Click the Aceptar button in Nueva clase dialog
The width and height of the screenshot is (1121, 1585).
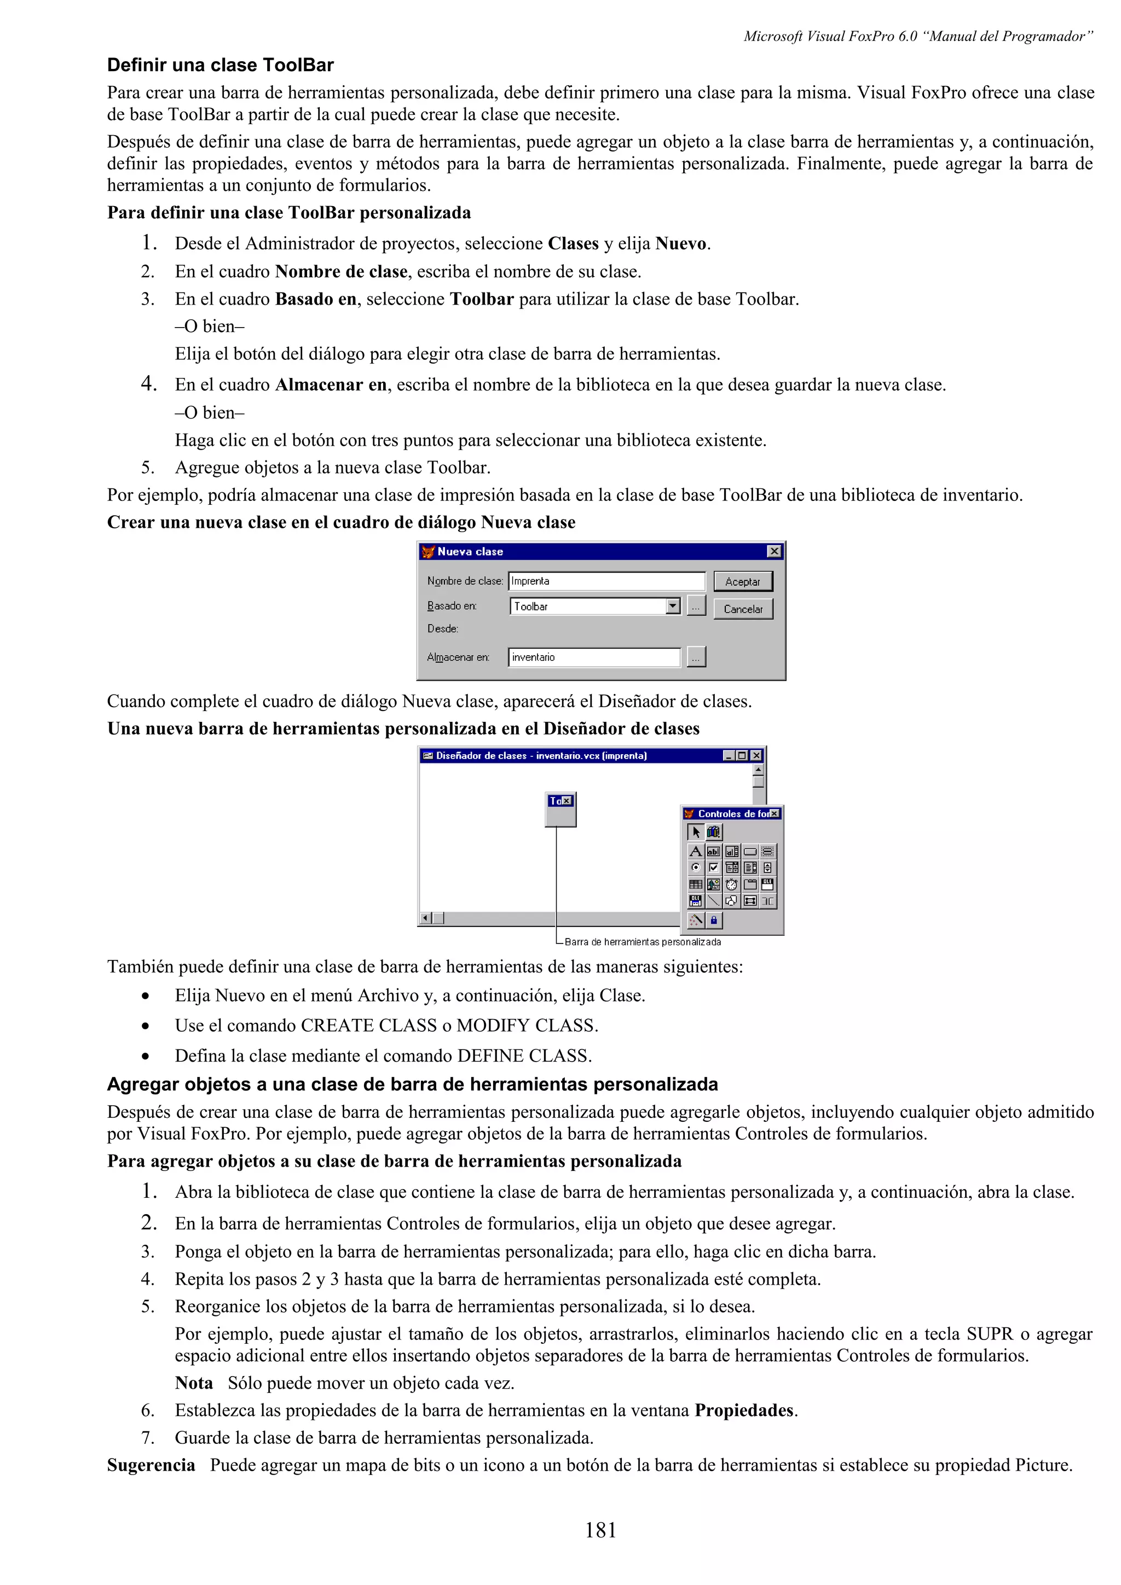coord(743,581)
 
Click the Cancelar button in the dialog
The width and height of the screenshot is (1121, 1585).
coord(743,609)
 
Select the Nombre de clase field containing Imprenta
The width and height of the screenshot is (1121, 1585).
coord(606,581)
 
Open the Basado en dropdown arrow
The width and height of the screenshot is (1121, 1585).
coord(673,606)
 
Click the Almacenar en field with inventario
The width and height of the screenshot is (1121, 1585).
coord(594,657)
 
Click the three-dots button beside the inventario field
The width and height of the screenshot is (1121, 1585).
coord(696,657)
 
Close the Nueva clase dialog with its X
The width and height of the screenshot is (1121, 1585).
coord(775,551)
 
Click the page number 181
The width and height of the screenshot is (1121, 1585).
coord(600,1530)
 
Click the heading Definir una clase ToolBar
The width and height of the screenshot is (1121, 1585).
coord(221,65)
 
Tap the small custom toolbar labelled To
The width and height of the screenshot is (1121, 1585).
coord(560,808)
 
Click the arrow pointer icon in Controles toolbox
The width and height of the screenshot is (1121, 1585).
coord(696,832)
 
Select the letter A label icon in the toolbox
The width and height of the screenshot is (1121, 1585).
coord(696,851)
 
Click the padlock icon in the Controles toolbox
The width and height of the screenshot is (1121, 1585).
coord(714,919)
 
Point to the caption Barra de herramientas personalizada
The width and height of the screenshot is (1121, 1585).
coord(643,942)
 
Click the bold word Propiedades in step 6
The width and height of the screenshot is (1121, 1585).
coord(744,1411)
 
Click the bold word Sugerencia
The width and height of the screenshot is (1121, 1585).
coord(151,1465)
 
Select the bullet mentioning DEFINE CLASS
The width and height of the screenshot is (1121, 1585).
coord(383,1056)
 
